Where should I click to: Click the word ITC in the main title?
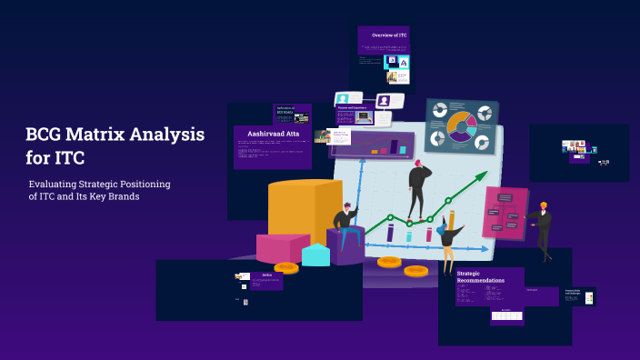69,158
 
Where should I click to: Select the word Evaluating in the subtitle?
56,185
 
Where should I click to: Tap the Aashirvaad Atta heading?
272,133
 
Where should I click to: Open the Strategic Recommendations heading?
481,276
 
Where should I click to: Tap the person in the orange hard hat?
542,227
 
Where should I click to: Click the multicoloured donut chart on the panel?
462,127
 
